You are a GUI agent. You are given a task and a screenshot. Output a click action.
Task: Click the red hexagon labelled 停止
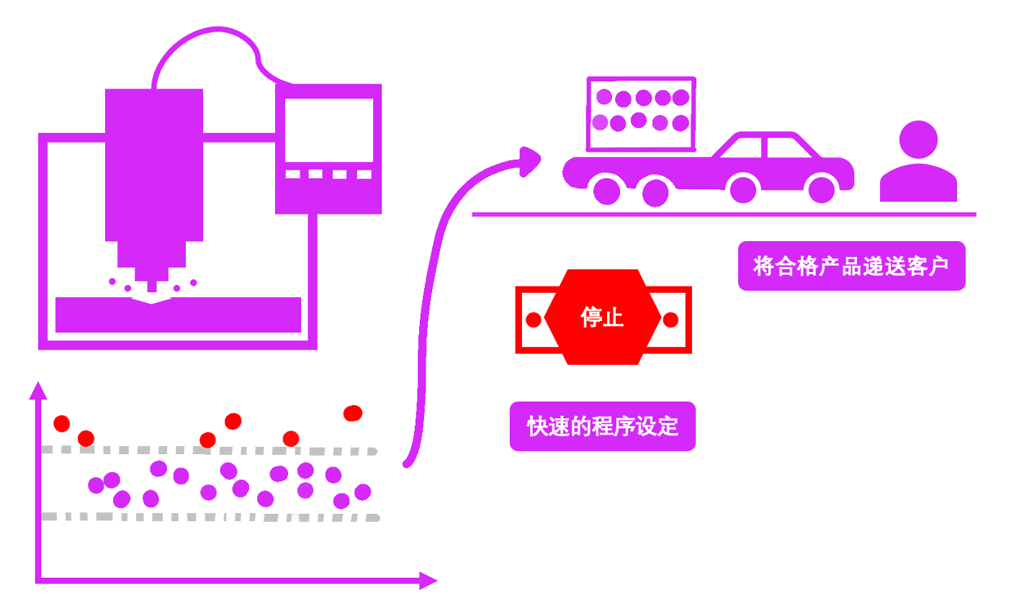[x=603, y=317]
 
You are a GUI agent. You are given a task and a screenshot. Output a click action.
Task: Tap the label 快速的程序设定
[x=603, y=427]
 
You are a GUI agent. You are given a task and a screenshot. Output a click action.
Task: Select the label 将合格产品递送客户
[x=851, y=266]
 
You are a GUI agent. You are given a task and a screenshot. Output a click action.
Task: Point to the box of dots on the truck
[x=642, y=114]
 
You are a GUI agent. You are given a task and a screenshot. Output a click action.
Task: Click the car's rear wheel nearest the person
[x=821, y=189]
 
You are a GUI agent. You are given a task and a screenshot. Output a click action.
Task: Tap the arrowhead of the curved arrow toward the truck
[x=531, y=160]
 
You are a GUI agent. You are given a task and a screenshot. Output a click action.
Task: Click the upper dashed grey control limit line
[x=209, y=451]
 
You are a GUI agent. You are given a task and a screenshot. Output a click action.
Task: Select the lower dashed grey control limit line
[x=209, y=517]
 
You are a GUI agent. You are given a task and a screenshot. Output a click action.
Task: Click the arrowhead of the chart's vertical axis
[x=37, y=391]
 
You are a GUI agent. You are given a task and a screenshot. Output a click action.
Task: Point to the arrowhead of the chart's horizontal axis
[x=428, y=580]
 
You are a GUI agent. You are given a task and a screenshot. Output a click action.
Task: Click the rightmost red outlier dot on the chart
[x=353, y=413]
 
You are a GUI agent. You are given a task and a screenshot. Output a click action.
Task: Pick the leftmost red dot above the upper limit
[x=62, y=423]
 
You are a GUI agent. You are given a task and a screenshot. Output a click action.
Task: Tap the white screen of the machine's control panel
[x=328, y=130]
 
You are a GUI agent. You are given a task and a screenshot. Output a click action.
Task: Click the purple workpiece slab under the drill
[x=178, y=315]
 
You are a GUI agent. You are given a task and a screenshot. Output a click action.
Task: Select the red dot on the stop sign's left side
[x=534, y=320]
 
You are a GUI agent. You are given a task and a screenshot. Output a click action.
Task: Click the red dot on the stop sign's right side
[x=670, y=320]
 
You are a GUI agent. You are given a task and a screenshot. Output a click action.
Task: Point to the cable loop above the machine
[x=209, y=50]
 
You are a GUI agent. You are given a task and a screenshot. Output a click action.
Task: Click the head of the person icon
[x=918, y=139]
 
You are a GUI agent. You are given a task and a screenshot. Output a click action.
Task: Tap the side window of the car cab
[x=790, y=147]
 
